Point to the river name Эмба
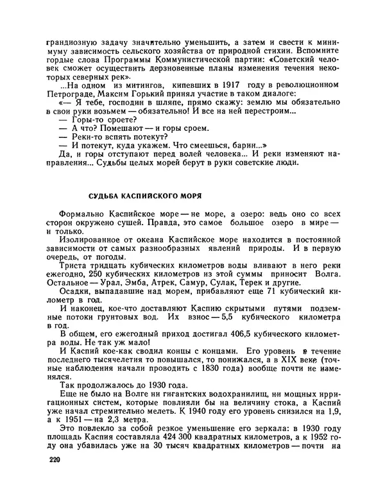pyautogui.click(x=145, y=294)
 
